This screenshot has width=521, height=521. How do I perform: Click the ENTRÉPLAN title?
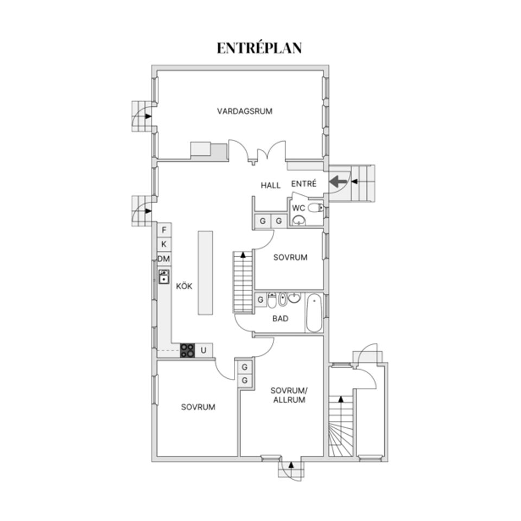click(x=259, y=48)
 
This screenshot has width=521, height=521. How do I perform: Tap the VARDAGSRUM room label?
click(x=244, y=111)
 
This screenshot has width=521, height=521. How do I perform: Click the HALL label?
click(x=270, y=186)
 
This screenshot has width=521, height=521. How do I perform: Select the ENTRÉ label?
click(x=304, y=184)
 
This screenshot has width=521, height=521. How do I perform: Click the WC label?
click(x=298, y=208)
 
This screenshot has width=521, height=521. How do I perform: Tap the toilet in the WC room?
click(x=315, y=208)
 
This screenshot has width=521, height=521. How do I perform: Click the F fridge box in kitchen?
click(x=164, y=230)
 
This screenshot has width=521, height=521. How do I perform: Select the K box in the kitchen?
click(x=164, y=245)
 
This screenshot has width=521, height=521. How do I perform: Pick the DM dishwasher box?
click(x=164, y=259)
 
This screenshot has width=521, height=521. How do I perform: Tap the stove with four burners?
click(x=188, y=351)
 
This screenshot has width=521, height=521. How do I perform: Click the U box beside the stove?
click(x=204, y=351)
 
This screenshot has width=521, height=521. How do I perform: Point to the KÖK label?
click(x=183, y=286)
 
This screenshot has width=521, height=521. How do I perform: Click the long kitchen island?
click(x=205, y=272)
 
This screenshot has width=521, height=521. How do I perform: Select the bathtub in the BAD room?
click(x=315, y=313)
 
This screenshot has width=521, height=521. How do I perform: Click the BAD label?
click(x=280, y=319)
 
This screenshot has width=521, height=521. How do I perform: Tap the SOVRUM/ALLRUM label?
click(x=289, y=395)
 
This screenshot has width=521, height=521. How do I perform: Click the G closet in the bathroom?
click(x=260, y=300)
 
